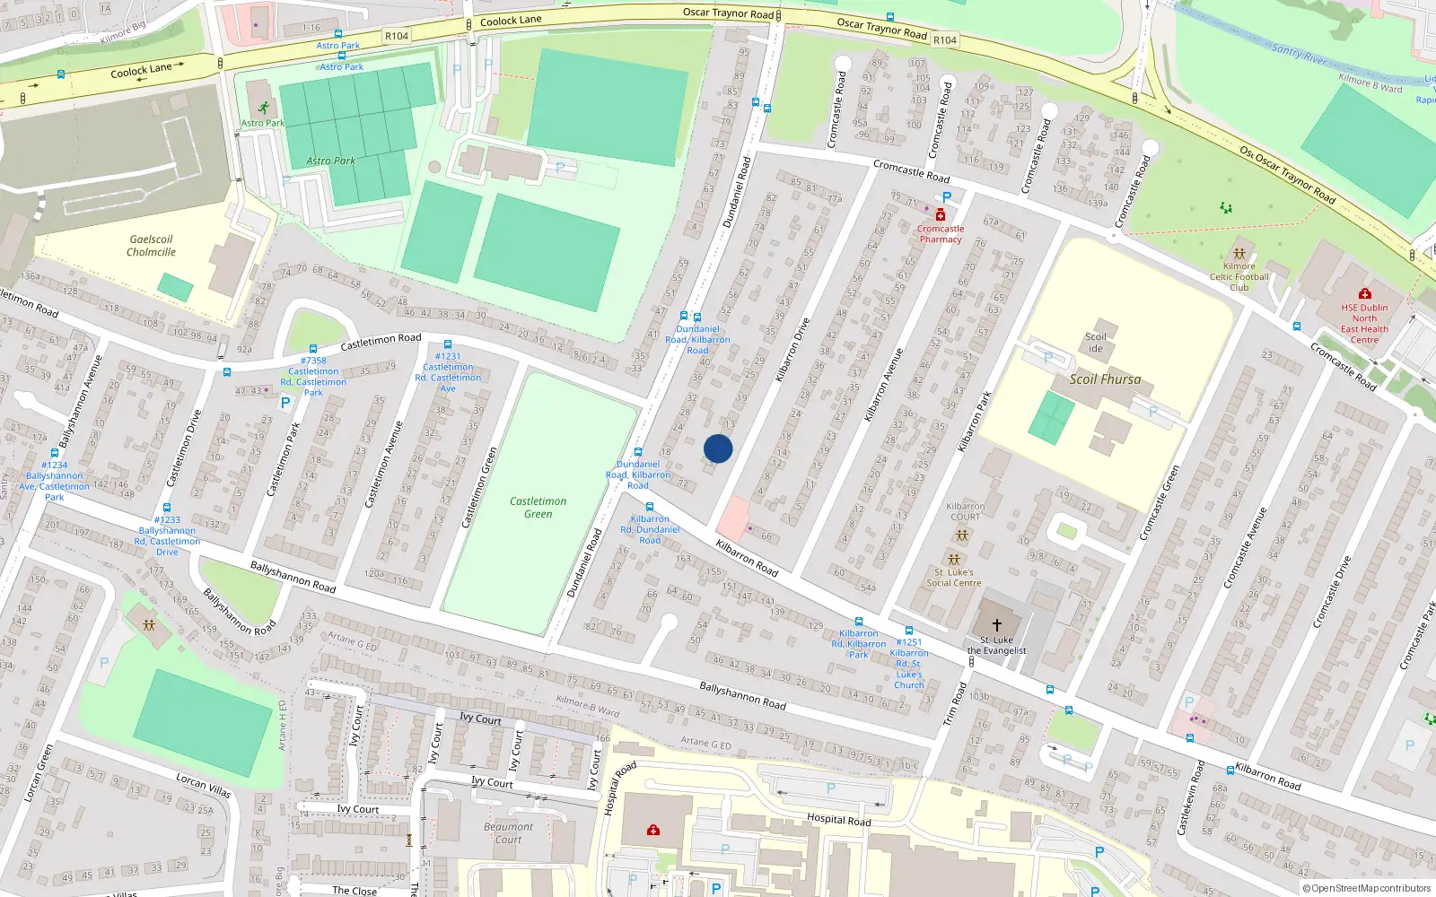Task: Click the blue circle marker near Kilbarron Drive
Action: tap(718, 448)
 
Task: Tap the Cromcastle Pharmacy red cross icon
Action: tap(940, 215)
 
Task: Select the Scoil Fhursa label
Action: tap(1105, 379)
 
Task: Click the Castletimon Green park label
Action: tap(538, 508)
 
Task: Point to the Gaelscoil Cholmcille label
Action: tap(151, 246)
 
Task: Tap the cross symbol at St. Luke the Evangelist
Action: tap(996, 625)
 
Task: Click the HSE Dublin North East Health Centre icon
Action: tap(1364, 293)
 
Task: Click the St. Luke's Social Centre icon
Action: tap(954, 560)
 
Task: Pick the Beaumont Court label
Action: tap(508, 833)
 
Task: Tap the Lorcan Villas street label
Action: tap(204, 785)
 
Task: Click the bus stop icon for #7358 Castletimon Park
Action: tap(312, 349)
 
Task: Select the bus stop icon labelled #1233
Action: tap(166, 508)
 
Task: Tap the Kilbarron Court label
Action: tap(965, 511)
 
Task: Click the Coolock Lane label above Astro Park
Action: tap(511, 21)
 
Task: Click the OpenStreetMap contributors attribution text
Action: tap(1367, 888)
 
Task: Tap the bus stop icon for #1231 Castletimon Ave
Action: tap(447, 344)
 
